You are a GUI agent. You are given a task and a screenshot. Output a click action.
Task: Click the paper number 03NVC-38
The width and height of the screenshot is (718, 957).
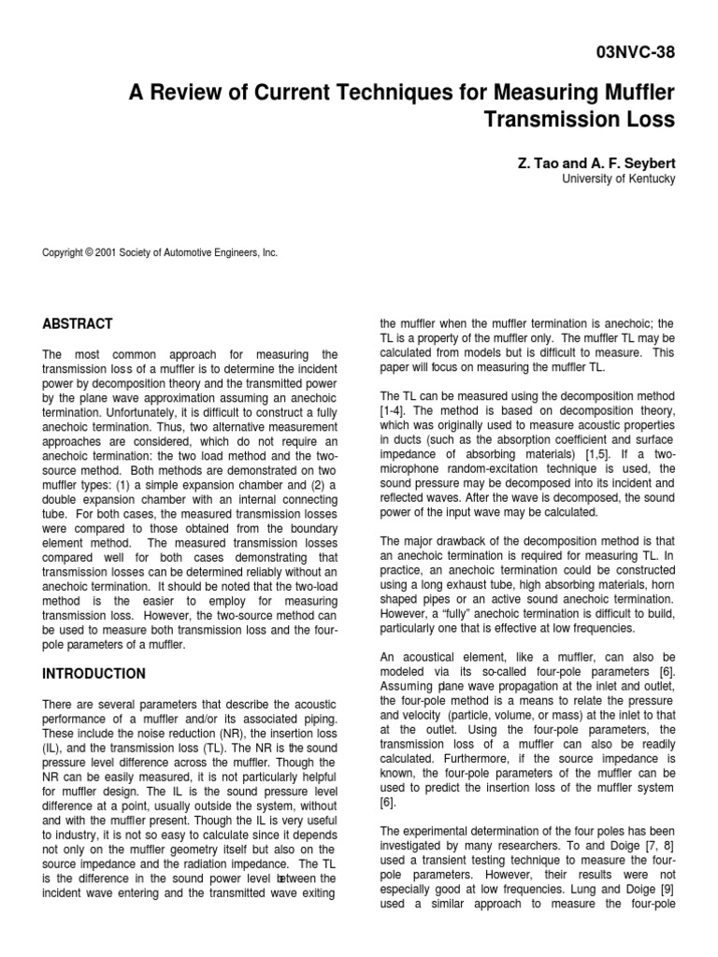634,52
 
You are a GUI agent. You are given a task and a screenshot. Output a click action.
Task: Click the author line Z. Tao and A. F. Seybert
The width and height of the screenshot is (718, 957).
596,163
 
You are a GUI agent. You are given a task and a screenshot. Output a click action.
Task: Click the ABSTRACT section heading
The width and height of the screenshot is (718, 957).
78,324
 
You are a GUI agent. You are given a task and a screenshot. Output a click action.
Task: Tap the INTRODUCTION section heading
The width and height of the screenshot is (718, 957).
93,674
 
